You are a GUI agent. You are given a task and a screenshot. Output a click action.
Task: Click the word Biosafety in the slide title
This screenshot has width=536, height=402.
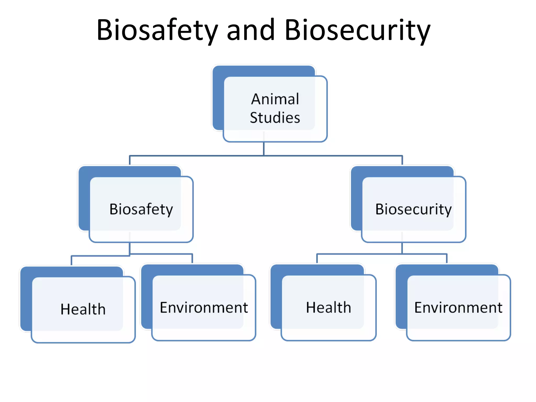(157, 30)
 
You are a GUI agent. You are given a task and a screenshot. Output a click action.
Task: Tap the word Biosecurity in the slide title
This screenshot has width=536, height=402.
(357, 30)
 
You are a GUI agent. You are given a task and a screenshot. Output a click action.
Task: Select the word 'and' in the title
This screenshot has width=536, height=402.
(250, 30)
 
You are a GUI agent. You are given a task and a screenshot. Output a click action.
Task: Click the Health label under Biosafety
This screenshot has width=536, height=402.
(83, 309)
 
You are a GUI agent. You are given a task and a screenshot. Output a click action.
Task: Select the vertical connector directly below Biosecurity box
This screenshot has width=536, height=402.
(402, 248)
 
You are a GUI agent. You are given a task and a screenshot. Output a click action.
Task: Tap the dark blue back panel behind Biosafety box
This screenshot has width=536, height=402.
(84, 199)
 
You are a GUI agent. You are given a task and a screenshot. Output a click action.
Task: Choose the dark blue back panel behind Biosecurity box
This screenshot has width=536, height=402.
(356, 199)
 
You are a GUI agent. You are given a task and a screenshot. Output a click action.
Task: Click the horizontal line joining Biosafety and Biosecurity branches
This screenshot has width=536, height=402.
(327, 156)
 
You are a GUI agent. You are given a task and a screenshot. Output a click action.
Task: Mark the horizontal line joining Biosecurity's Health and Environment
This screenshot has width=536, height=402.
(366, 254)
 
